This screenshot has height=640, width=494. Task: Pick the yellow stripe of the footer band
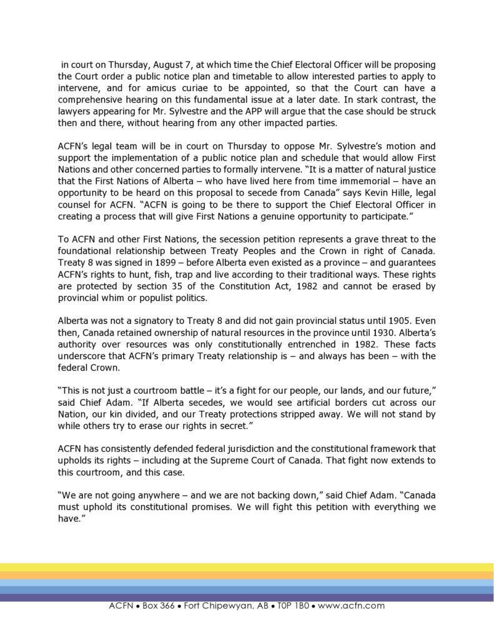[x=247, y=567]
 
